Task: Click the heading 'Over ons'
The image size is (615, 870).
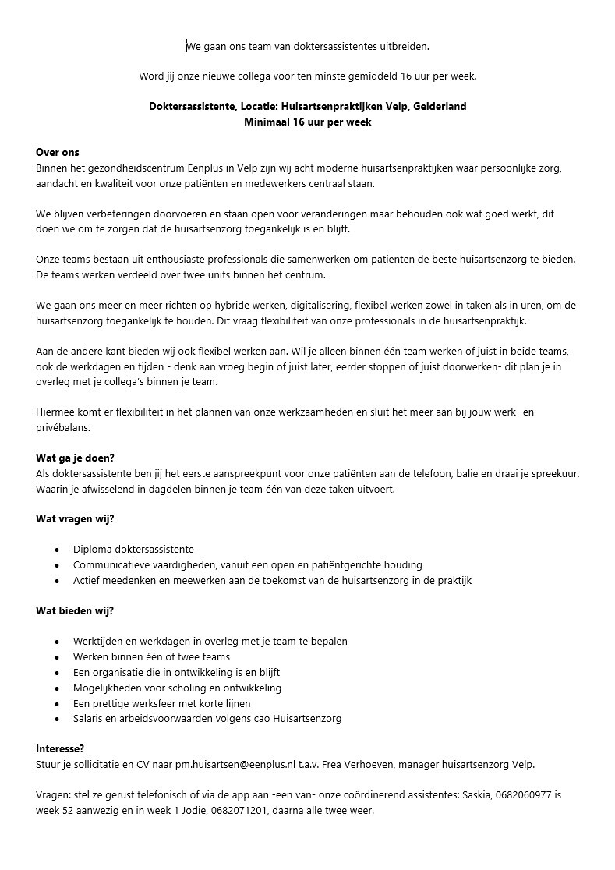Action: [x=58, y=152]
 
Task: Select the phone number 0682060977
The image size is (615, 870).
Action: [x=518, y=795]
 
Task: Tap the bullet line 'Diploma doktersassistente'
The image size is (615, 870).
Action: [x=133, y=550]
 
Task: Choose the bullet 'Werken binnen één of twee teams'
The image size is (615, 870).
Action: [x=151, y=656]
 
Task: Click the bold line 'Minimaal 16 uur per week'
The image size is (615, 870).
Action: [x=307, y=122]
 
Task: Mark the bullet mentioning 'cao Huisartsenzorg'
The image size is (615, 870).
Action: [x=207, y=719]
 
